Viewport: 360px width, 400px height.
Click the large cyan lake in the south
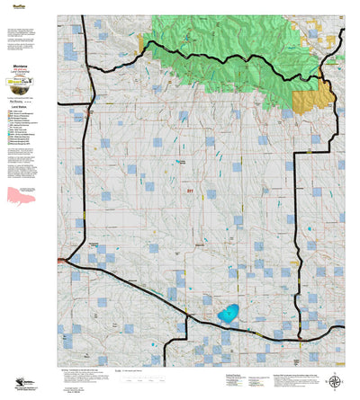[227, 314]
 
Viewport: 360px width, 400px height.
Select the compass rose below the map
[336, 381]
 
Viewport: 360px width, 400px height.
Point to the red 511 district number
[190, 191]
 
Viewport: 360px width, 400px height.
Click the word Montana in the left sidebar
[18, 68]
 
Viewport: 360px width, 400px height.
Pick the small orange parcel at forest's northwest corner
[141, 40]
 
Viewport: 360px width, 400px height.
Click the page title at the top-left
[18, 5]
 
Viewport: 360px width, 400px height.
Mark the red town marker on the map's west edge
[59, 261]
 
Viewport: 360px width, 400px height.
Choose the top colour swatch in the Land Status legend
[8, 111]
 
